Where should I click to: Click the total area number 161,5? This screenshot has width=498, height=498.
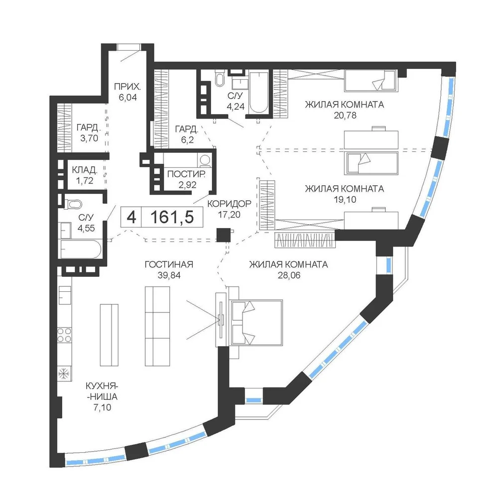pyautogui.click(x=172, y=217)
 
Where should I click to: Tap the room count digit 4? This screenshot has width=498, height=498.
pyautogui.click(x=131, y=218)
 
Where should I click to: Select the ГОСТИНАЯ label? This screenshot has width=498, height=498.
pyautogui.click(x=169, y=264)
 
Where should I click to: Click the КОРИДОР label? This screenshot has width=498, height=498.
pyautogui.click(x=229, y=204)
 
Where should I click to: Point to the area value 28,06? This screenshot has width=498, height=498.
pyautogui.click(x=289, y=275)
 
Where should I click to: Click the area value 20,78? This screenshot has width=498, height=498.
pyautogui.click(x=345, y=116)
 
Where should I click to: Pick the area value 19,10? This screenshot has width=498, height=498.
pyautogui.click(x=345, y=200)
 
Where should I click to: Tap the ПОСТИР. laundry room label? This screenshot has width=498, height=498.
pyautogui.click(x=186, y=174)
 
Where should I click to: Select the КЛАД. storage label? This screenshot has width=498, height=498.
pyautogui.click(x=85, y=170)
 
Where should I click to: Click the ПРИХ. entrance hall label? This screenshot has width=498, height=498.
pyautogui.click(x=127, y=86)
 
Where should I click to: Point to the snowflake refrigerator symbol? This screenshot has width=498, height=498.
pyautogui.click(x=64, y=374)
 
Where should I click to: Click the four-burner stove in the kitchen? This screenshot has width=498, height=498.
pyautogui.click(x=64, y=335)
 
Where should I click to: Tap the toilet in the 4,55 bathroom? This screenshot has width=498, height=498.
pyautogui.click(x=73, y=204)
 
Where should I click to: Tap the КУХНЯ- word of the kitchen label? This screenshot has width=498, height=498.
pyautogui.click(x=102, y=386)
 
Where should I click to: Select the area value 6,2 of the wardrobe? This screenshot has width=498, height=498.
pyautogui.click(x=187, y=140)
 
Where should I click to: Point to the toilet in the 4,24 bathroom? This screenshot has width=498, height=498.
pyautogui.click(x=220, y=78)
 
